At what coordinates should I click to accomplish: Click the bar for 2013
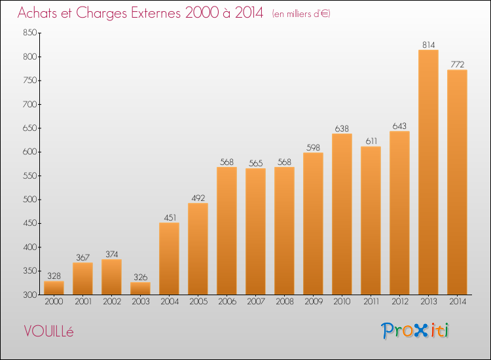(x=428, y=172)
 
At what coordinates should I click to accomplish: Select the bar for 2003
(x=140, y=288)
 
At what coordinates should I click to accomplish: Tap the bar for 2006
(x=227, y=230)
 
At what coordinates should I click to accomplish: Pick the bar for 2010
(x=342, y=214)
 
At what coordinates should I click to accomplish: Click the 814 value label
(x=428, y=45)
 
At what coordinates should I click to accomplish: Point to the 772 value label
(x=457, y=65)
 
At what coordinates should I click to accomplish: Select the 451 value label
(x=170, y=217)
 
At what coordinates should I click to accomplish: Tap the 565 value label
(x=255, y=163)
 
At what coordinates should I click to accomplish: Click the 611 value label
(x=371, y=141)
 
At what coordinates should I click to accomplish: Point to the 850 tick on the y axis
(x=30, y=33)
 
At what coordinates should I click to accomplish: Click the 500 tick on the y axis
(x=30, y=200)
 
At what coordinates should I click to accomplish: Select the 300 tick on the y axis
(x=30, y=295)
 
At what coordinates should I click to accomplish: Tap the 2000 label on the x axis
(x=54, y=302)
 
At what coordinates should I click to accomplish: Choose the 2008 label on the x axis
(x=285, y=302)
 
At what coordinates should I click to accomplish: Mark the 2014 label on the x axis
(x=458, y=302)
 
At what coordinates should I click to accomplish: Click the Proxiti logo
(x=415, y=331)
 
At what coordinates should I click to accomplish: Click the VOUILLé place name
(x=48, y=331)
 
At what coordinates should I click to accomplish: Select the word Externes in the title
(x=156, y=12)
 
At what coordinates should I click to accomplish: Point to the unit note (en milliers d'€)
(x=301, y=14)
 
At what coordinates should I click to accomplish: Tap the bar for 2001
(x=82, y=279)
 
